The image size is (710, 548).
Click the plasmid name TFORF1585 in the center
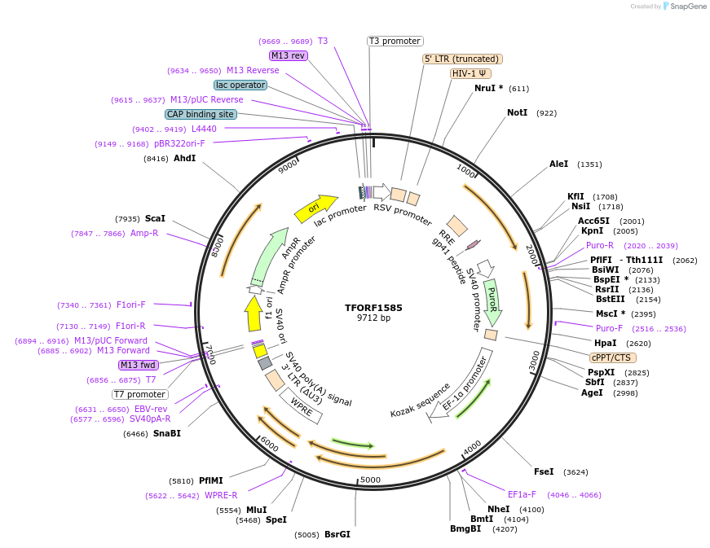pos(373,308)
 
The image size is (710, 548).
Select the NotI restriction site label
pos(517,112)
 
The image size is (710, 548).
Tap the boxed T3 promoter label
pos(395,41)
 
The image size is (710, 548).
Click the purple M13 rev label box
pos(289,55)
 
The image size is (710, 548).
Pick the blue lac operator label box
pos(240,85)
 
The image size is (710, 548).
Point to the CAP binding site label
pos(201,114)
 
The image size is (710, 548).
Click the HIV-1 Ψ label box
pos(470,73)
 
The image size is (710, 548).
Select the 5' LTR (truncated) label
pos(462,59)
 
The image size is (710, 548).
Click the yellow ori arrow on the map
pos(315,209)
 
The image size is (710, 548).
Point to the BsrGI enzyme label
pos(337,534)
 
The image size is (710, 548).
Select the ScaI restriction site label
pos(155,218)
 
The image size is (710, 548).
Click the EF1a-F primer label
pos(522,494)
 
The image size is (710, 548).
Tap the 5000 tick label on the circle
pos(370,480)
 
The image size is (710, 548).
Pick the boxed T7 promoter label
pos(140,394)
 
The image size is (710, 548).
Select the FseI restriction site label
pos(544,471)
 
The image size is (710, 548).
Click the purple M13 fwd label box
pos(139,365)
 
